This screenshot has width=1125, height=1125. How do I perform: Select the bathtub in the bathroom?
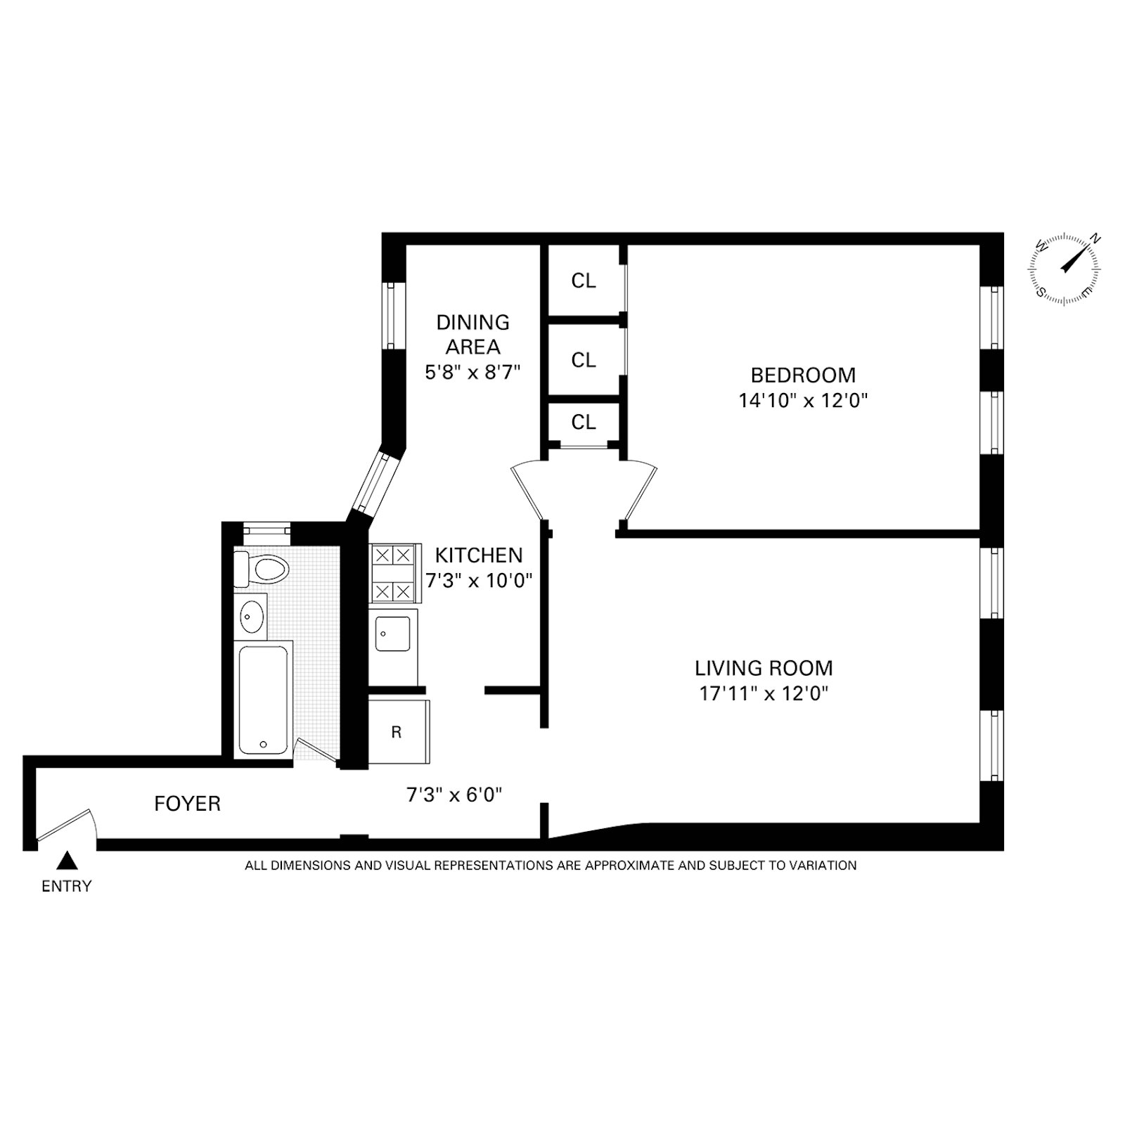tap(263, 700)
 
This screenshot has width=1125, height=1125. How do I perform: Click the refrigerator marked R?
tap(397, 733)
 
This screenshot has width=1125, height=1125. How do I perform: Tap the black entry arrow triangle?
tap(67, 860)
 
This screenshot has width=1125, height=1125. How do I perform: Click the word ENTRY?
tap(67, 887)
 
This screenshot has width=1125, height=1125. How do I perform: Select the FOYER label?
tap(187, 804)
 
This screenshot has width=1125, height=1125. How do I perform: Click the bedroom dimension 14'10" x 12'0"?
tap(803, 401)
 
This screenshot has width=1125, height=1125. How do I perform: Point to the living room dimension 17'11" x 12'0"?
tap(764, 694)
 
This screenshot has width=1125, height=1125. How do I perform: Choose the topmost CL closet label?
tap(584, 281)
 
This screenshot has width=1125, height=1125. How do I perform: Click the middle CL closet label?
tap(584, 361)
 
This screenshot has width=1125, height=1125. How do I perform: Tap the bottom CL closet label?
tap(584, 423)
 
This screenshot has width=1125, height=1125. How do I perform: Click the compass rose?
tap(1065, 269)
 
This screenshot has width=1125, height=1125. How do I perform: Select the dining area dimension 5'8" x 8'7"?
tap(472, 372)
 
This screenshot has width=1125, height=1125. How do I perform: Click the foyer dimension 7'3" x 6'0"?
tap(454, 795)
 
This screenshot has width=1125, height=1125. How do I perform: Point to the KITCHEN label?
tap(479, 555)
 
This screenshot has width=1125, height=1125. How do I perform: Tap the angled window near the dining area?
tap(375, 483)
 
